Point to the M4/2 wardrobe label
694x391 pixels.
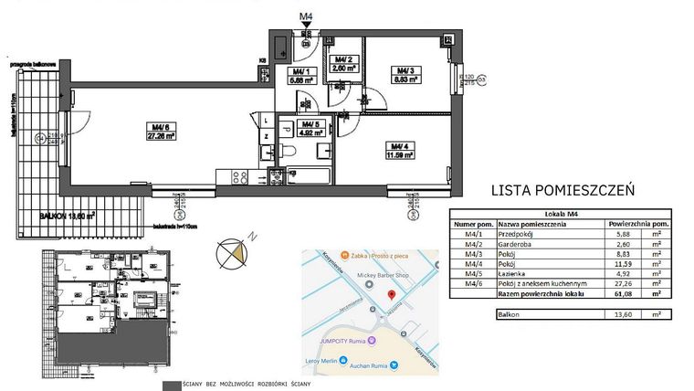pyautogui.click(x=342, y=63)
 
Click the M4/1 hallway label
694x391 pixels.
pyautogui.click(x=300, y=75)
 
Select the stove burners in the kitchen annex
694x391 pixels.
pyautogui.click(x=242, y=177)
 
